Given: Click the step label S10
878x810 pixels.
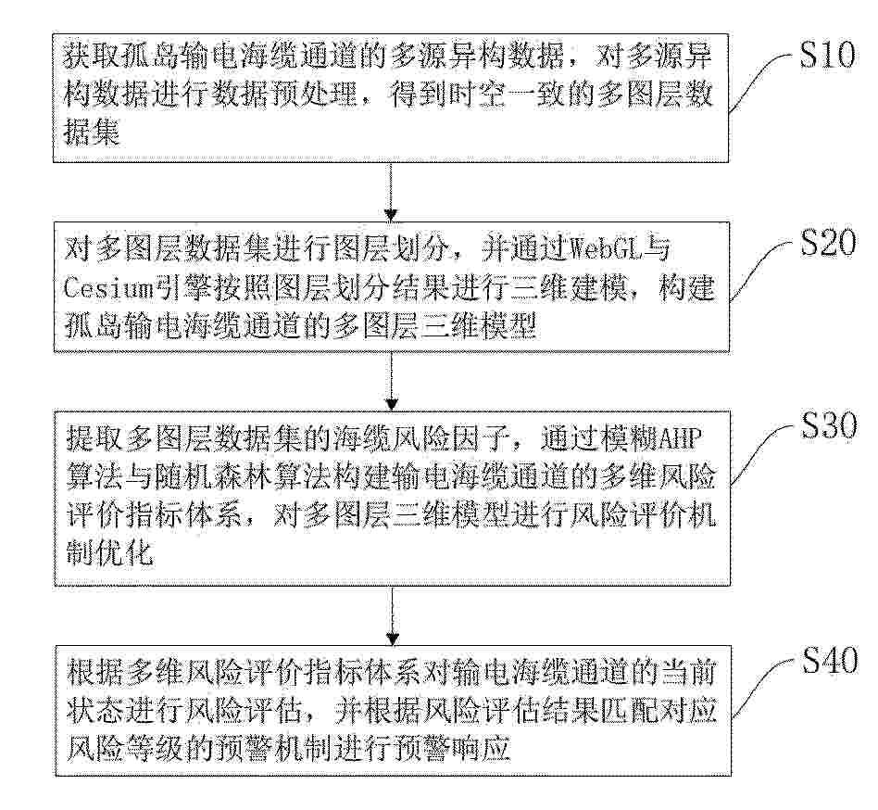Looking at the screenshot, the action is tap(826, 55).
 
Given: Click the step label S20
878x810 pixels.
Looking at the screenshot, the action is tap(828, 242).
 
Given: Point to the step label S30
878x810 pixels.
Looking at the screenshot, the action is tap(829, 425).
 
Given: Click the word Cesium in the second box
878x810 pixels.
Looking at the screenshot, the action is tap(107, 289).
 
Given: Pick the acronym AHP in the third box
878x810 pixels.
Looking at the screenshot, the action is tap(679, 438).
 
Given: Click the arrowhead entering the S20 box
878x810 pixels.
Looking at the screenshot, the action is tap(392, 214).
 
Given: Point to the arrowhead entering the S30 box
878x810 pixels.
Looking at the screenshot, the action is tap(392, 403).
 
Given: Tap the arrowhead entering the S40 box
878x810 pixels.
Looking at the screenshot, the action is tap(393, 638).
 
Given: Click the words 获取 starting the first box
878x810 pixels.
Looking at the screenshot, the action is tap(90, 56).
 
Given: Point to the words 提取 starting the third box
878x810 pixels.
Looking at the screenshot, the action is tap(93, 438).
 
